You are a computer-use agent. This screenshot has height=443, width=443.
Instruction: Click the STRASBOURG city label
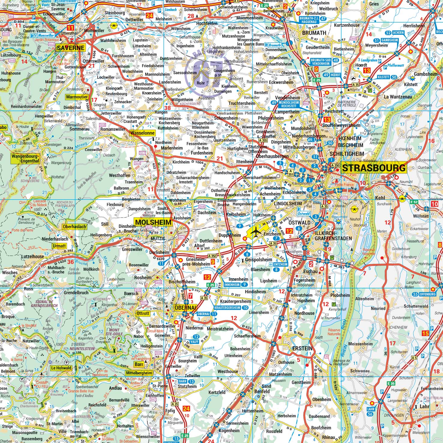point(374,168)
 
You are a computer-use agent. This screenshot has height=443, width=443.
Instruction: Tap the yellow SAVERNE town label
point(71,48)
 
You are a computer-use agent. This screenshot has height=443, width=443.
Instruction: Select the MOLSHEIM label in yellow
point(154,222)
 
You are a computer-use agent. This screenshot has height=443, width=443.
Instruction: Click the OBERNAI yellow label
point(185,308)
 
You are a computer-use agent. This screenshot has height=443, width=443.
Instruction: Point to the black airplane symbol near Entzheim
point(256,232)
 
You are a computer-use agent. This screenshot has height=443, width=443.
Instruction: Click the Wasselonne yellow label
point(143,133)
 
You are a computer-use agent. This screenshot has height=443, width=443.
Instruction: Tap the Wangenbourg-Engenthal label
point(25,158)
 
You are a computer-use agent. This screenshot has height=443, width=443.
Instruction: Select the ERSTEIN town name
point(302,348)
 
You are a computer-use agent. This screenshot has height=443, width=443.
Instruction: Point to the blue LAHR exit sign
point(370,411)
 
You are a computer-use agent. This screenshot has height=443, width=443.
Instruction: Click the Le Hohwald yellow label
point(61,368)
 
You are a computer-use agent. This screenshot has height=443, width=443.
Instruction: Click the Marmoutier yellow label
point(77,97)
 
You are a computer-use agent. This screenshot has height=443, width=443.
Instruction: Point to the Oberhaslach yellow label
point(74,227)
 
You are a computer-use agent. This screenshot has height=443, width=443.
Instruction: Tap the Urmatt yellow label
point(59,246)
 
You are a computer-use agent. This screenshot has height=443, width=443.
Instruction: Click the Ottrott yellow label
point(143,313)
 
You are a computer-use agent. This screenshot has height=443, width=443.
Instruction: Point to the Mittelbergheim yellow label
point(139,373)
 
